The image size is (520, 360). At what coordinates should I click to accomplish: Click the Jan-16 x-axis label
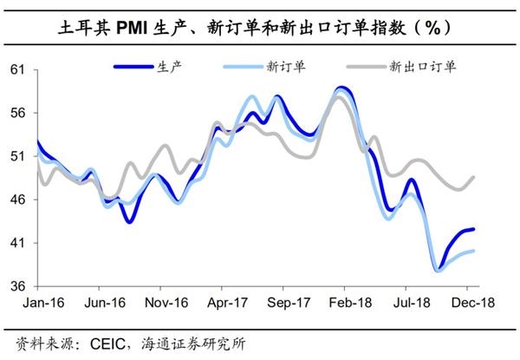tap(37, 304)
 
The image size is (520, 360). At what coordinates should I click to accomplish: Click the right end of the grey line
tap(474, 177)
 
